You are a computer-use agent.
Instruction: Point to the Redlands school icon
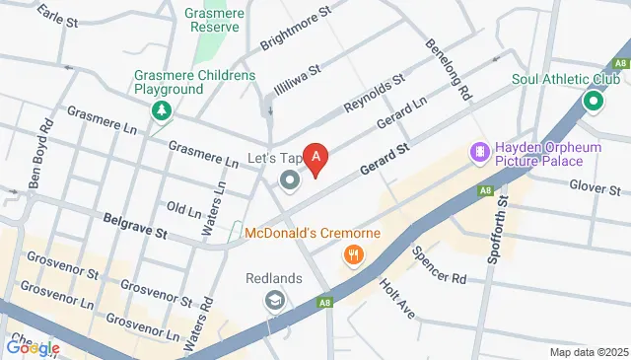point(275,301)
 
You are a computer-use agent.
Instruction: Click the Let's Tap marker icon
point(289,180)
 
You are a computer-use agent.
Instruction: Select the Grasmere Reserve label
point(213,20)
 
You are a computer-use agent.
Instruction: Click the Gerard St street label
point(384,158)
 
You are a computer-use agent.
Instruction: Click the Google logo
point(33,347)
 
